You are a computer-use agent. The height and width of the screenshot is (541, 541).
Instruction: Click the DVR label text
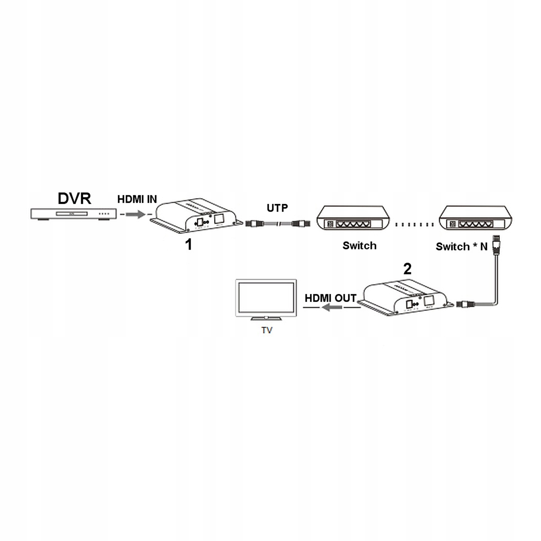[x=74, y=198]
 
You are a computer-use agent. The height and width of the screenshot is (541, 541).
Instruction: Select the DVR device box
[x=74, y=214]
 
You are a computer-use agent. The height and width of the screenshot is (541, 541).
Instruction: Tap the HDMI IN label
[x=137, y=199]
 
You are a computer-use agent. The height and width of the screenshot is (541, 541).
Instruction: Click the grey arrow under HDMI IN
[x=135, y=214]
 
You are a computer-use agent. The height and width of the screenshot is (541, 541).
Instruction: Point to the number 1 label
[x=188, y=244]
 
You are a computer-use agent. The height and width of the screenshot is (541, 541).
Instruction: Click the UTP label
[x=277, y=208]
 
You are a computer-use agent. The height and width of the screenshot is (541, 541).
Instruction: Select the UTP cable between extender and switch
[x=278, y=224]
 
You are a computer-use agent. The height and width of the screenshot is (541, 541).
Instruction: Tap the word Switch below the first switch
[x=359, y=246]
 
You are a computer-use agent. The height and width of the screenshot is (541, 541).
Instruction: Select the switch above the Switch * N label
[x=475, y=218]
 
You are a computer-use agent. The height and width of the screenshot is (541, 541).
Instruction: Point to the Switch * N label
[x=462, y=247]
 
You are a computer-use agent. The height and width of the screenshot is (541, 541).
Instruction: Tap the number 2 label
[x=407, y=269]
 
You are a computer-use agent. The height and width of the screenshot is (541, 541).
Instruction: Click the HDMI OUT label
[x=331, y=298]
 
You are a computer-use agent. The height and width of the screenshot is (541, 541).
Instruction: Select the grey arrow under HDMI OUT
[x=332, y=307]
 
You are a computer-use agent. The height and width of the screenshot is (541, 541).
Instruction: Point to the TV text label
[x=267, y=330]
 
